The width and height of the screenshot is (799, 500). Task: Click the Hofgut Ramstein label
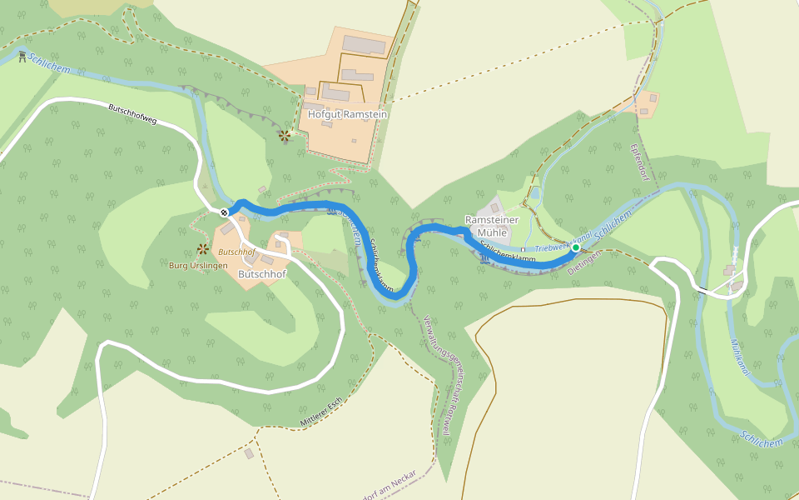click(x=348, y=114)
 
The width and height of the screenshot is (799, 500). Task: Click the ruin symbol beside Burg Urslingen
click(x=202, y=248)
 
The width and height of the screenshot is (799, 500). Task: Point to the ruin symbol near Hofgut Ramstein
click(x=285, y=135)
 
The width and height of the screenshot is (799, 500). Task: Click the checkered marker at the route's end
click(x=224, y=212)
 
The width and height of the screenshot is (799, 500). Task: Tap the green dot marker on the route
click(x=575, y=247)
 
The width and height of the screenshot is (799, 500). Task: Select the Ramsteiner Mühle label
click(x=492, y=226)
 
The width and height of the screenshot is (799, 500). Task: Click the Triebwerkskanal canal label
click(x=563, y=243)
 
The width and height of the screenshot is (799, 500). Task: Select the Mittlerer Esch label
click(x=322, y=413)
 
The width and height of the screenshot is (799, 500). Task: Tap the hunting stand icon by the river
click(x=21, y=57)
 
